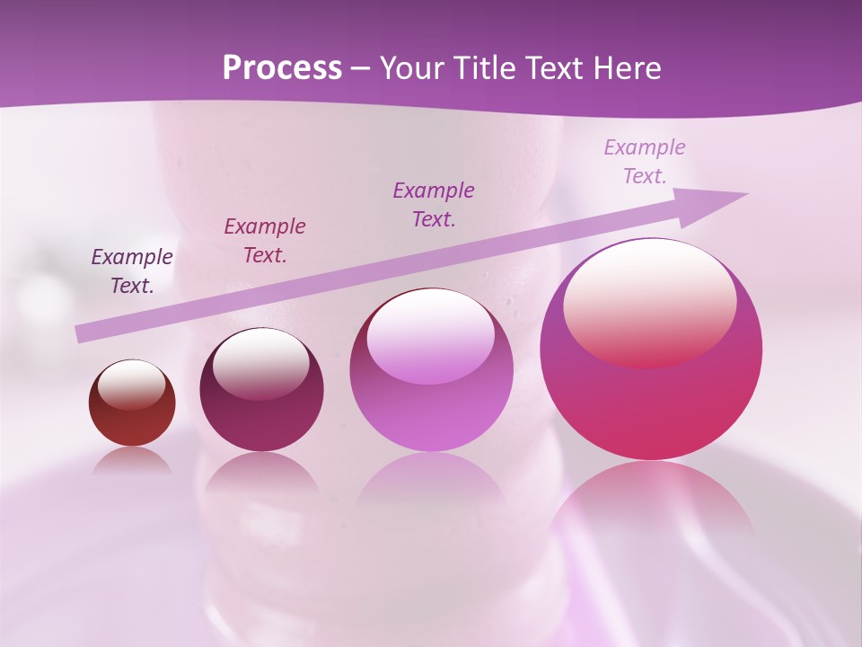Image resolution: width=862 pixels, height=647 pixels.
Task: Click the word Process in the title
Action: pos(282,68)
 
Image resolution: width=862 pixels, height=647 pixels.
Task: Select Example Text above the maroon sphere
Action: pos(265,241)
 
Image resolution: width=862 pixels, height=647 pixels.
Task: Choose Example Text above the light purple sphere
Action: pos(434,204)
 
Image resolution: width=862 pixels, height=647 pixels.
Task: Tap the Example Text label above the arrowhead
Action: pos(645,161)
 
